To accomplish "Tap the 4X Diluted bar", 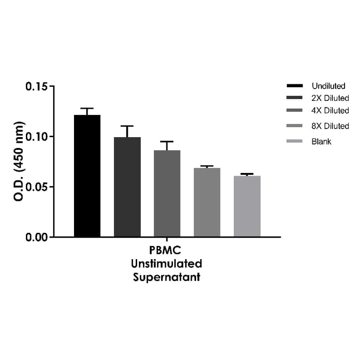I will [x=167, y=193].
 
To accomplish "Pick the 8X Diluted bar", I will [x=207, y=202].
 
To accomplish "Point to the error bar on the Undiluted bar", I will [x=87, y=111].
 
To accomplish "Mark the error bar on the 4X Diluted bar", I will [x=167, y=145].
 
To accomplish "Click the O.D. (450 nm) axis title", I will [x=19, y=161].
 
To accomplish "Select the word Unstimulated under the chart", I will [x=167, y=263].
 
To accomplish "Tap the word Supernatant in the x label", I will [x=167, y=277].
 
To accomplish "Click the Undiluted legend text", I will [x=328, y=86].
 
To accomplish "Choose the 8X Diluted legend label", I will [x=330, y=126].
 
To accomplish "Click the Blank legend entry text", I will [x=321, y=141].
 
